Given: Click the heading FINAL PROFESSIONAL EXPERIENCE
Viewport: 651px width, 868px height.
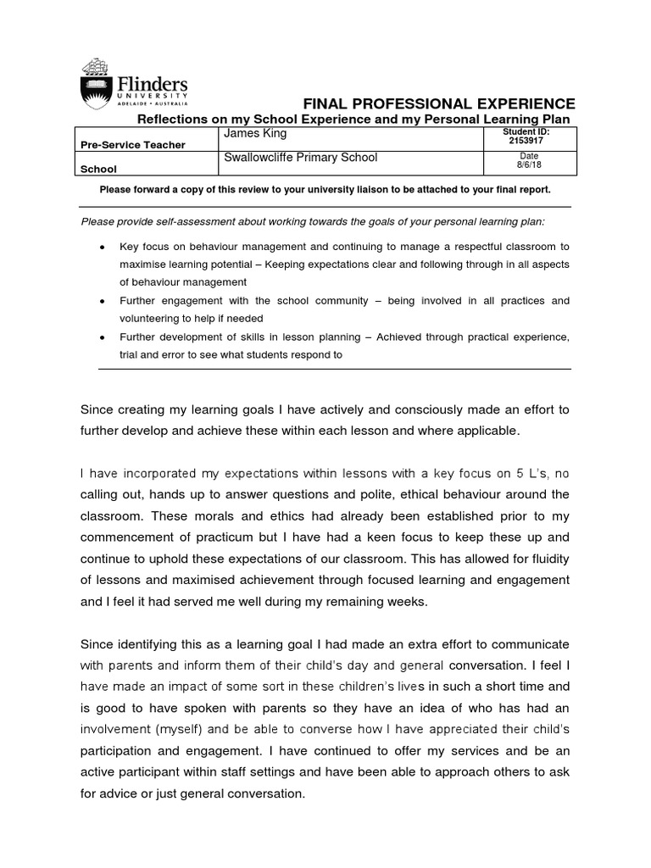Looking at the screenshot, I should [433, 103].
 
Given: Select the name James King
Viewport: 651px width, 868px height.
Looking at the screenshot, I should [256, 134].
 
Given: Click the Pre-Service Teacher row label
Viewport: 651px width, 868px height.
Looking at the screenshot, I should [132, 146].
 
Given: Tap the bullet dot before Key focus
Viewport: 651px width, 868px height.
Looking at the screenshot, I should [102, 247].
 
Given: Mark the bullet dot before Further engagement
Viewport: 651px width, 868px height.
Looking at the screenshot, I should [102, 302].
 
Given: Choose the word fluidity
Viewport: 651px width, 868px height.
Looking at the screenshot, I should [543, 559].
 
